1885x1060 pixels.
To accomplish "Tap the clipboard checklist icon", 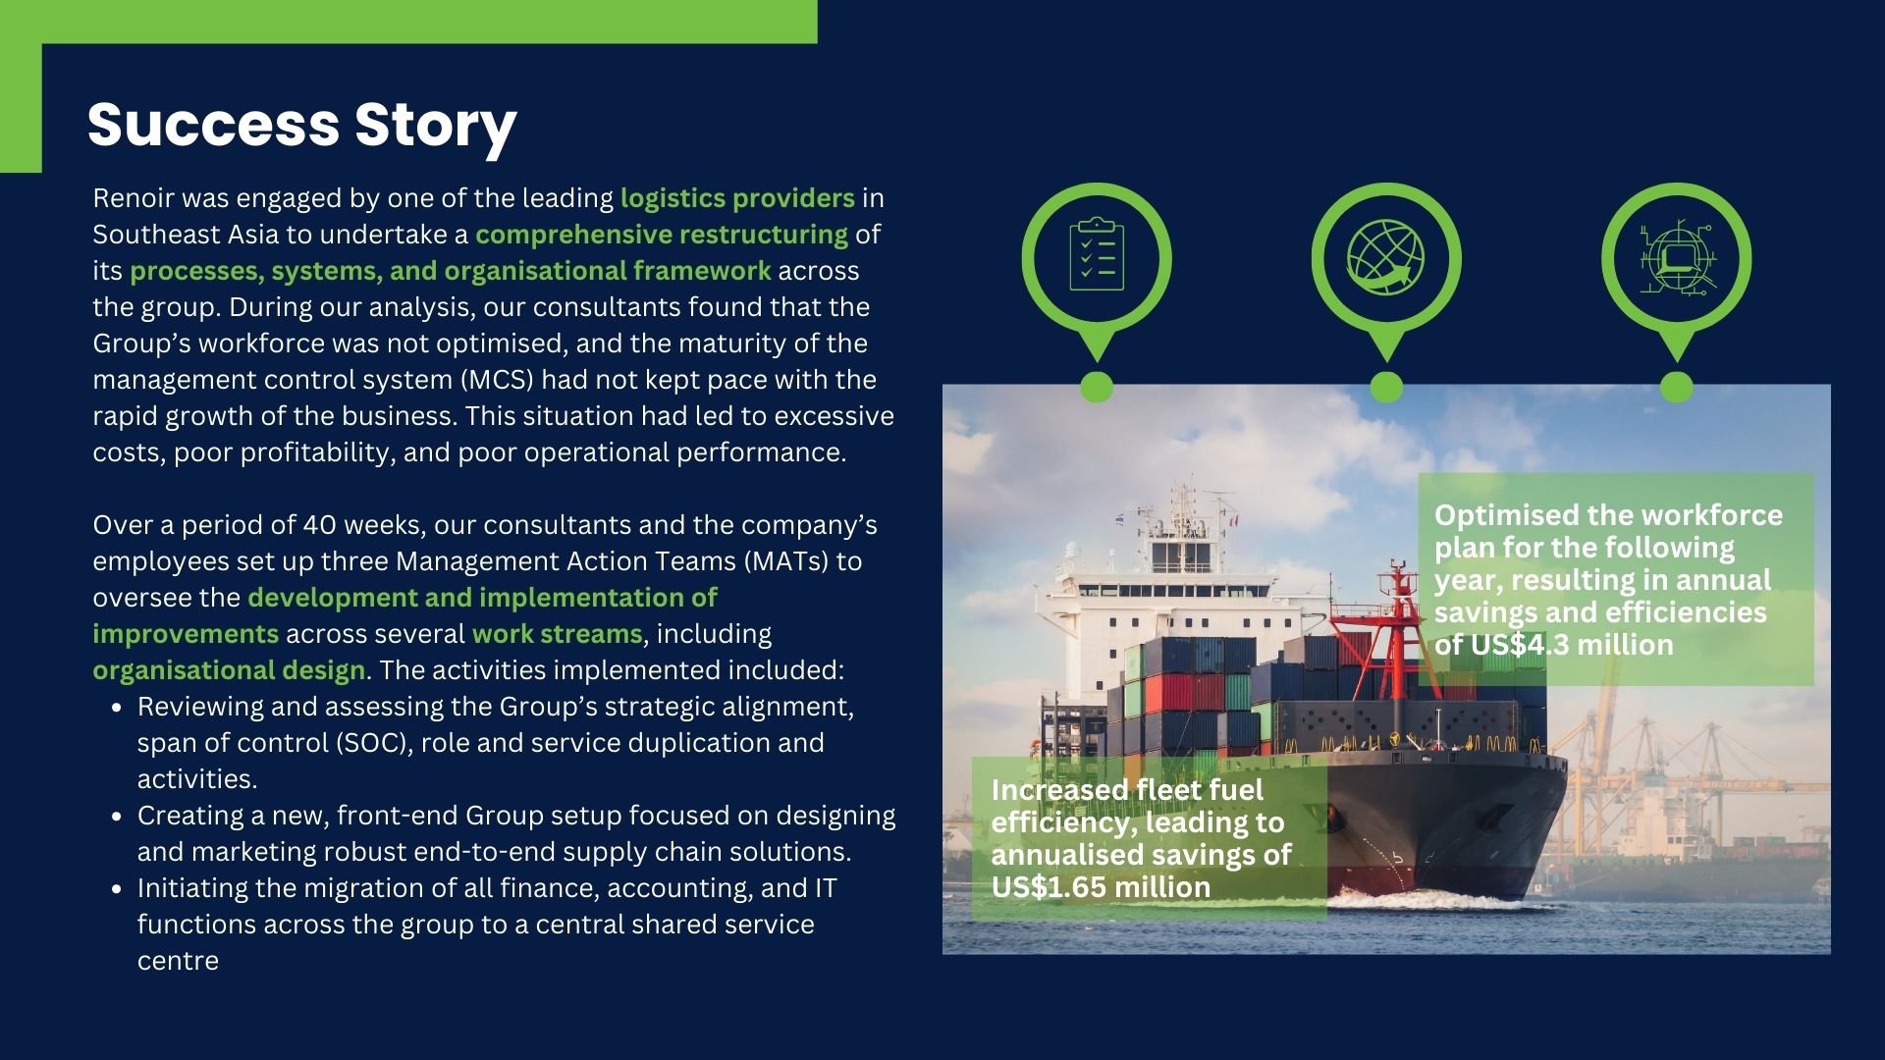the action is tap(1097, 254).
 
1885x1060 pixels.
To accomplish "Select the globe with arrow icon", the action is tap(1386, 257).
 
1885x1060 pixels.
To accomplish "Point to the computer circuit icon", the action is tap(1676, 257).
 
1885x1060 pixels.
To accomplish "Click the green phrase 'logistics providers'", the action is tap(737, 198).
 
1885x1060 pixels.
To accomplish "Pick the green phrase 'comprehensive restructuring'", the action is tap(662, 235).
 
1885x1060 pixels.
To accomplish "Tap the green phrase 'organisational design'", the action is tap(229, 670).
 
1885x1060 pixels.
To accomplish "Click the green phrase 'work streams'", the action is tap(557, 634).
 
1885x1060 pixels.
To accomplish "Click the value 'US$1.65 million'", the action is tap(1101, 887).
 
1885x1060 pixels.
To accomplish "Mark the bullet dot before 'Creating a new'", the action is tap(118, 817).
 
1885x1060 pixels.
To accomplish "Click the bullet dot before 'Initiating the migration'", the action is tap(118, 889).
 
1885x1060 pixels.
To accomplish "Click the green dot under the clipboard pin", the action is tap(1097, 387).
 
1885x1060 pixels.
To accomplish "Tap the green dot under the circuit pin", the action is tap(1677, 387).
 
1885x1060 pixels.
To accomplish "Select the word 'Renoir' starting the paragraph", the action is tap(135, 198).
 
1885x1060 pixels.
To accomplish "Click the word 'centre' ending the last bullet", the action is tap(178, 961).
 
